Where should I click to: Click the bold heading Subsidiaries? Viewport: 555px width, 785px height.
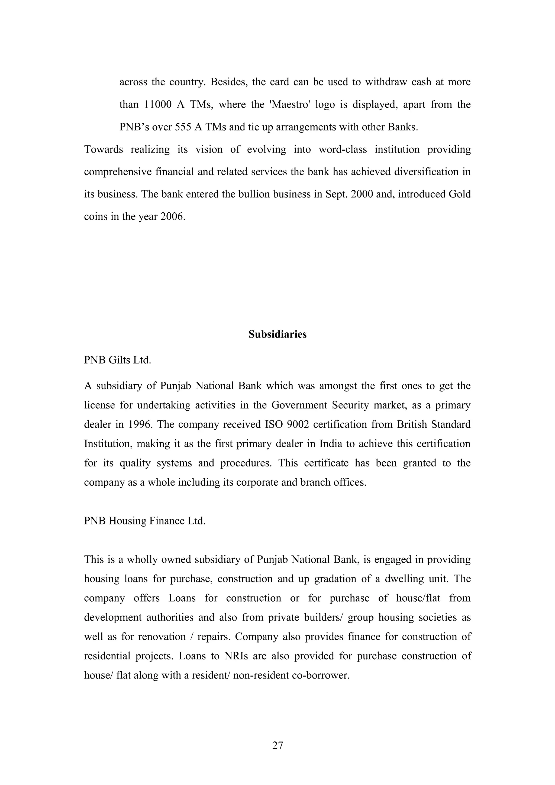277,334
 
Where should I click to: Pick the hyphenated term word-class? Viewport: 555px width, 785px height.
343,150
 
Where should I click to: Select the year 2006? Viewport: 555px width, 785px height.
172,217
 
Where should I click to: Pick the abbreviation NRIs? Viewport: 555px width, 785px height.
236,656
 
